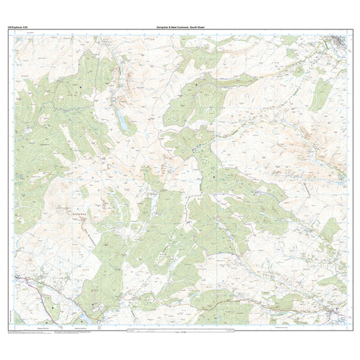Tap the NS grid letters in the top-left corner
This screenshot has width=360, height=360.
(19, 38)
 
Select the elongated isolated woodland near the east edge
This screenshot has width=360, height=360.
(320, 95)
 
